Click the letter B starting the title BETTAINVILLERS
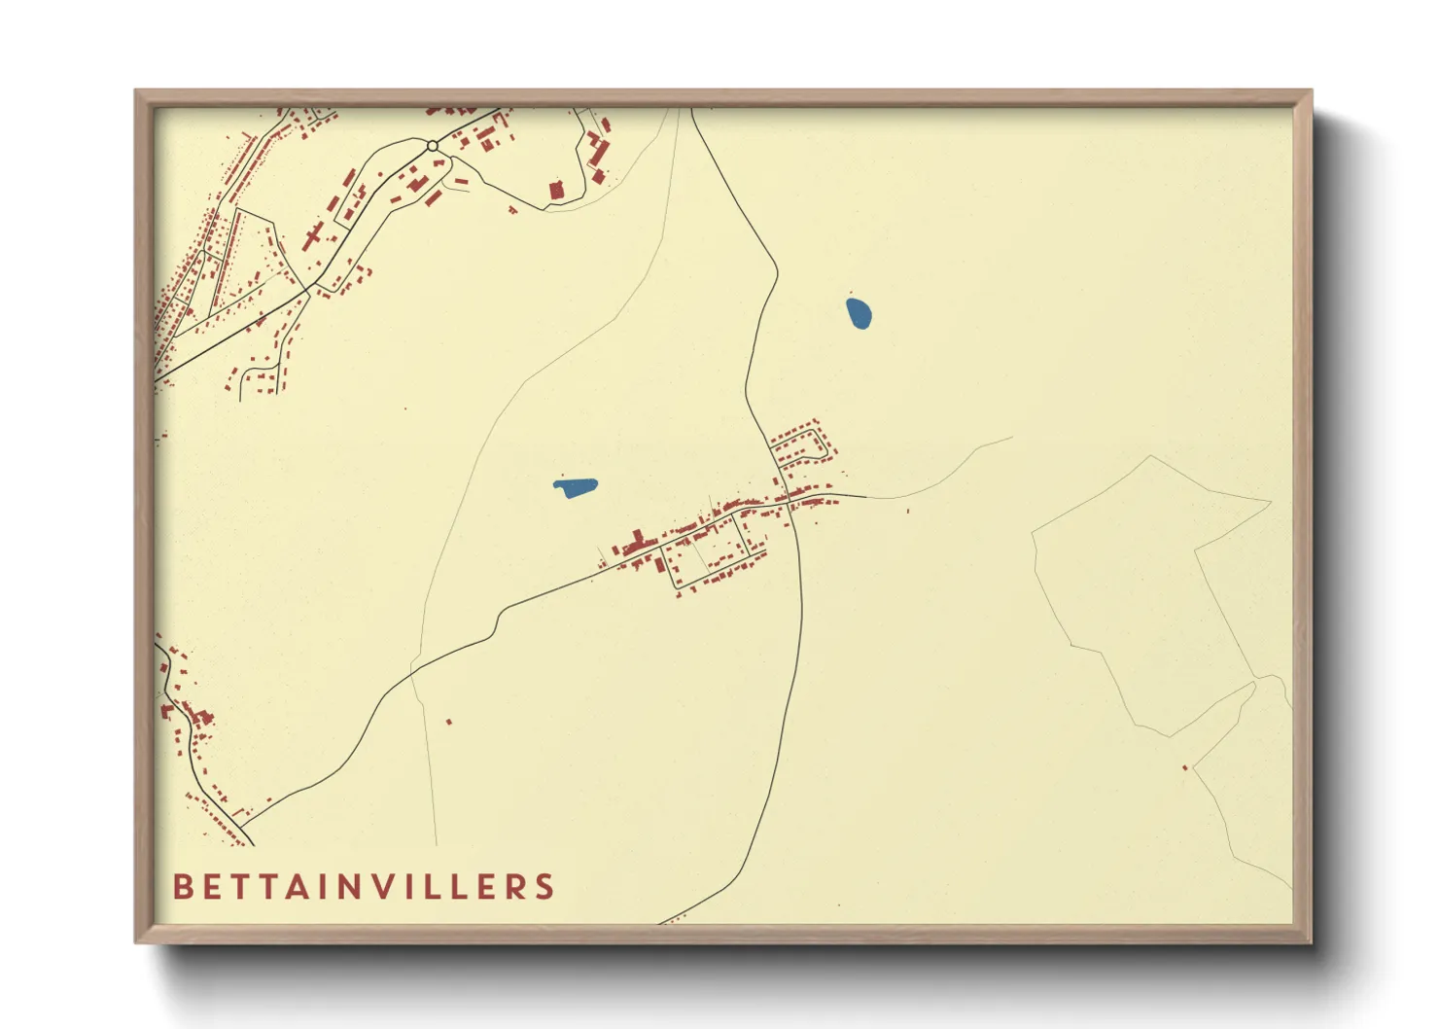[182, 887]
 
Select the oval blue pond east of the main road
[859, 313]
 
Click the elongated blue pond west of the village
[576, 486]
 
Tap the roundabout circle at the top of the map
[433, 146]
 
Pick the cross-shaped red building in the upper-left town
[314, 235]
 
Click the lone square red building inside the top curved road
[557, 190]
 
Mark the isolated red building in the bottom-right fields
[1185, 768]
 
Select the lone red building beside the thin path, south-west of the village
[449, 722]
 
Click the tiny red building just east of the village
[908, 510]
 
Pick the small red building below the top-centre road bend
[512, 208]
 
